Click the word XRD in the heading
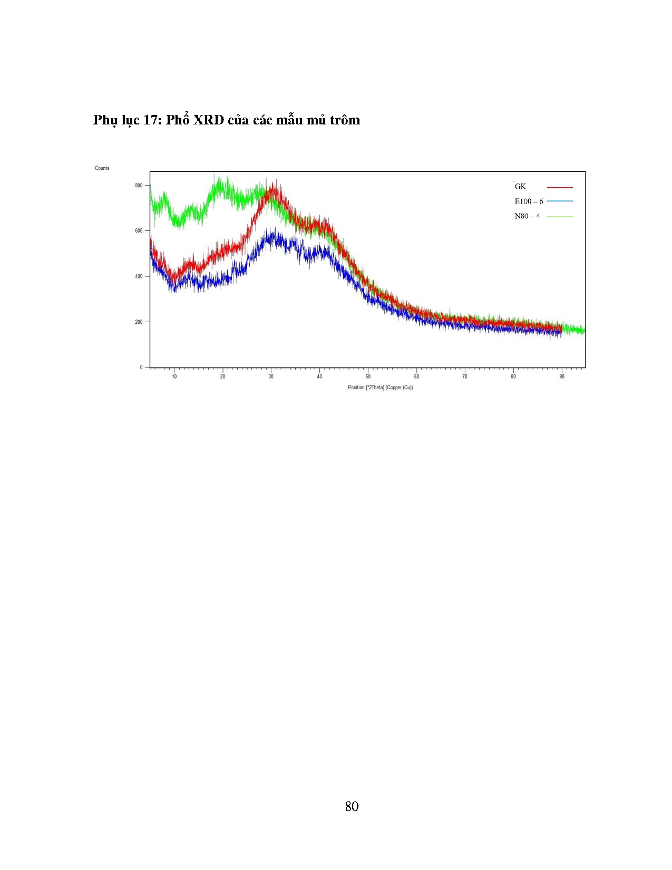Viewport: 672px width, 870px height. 209,120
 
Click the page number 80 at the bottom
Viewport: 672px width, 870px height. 352,806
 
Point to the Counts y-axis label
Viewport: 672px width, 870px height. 102,168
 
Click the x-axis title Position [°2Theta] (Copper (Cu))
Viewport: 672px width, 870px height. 380,388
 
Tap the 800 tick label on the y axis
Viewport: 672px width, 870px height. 139,186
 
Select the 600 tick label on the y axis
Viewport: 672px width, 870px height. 139,231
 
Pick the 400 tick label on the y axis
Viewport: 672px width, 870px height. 139,276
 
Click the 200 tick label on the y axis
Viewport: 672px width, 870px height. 139,322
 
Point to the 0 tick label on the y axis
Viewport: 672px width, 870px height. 141,367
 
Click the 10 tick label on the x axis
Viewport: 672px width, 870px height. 174,376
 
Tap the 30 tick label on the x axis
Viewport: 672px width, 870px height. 271,376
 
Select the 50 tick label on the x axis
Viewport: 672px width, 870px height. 368,376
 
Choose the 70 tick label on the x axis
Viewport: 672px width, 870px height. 465,376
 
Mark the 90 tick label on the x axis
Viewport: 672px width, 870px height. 562,376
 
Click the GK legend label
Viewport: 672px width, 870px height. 520,187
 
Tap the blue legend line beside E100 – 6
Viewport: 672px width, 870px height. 560,201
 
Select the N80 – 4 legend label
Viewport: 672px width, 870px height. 527,216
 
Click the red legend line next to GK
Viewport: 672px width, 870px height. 560,187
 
